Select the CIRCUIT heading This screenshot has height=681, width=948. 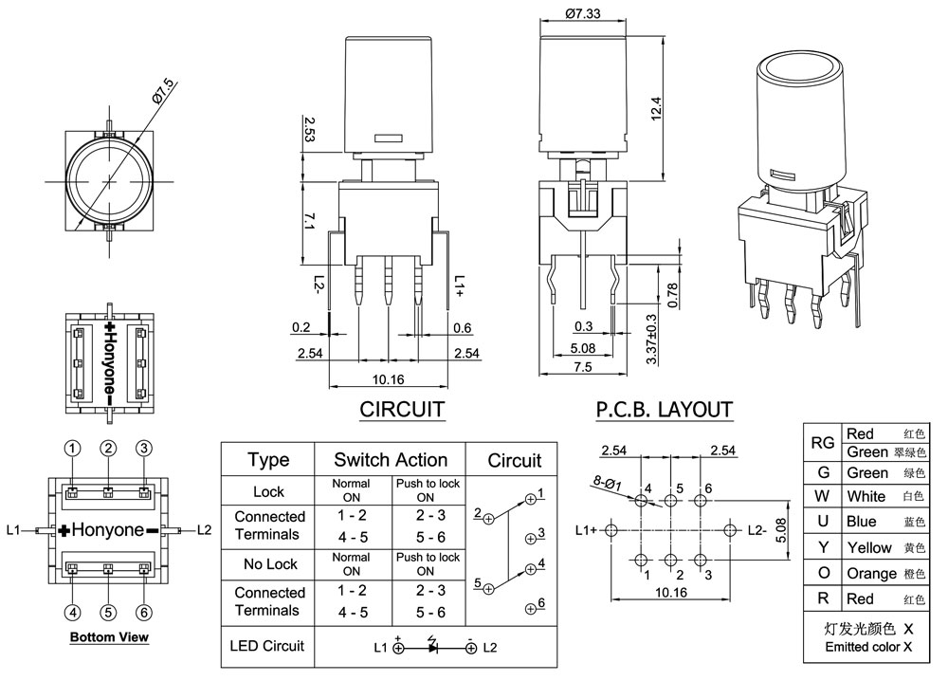[402, 410]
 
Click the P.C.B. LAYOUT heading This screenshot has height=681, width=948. [664, 410]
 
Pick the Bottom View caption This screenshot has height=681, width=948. [109, 637]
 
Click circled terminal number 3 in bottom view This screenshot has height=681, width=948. [144, 449]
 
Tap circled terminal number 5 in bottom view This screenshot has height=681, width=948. [109, 612]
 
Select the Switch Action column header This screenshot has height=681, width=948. [391, 460]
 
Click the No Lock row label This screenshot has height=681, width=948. [269, 563]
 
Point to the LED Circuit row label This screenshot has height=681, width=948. [268, 646]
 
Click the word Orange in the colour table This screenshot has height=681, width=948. [871, 573]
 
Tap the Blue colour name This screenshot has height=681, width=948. [862, 522]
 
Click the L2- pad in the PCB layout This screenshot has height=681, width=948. [730, 529]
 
